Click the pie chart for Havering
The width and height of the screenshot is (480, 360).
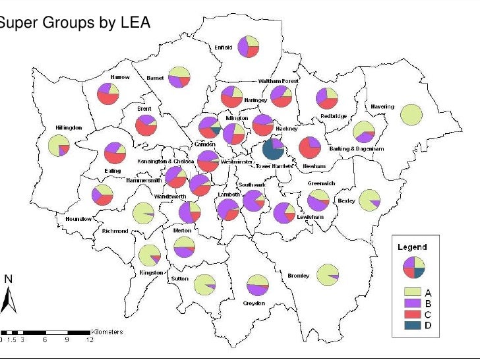[411, 114]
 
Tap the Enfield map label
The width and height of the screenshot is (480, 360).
[223, 47]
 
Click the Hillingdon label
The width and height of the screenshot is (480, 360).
[69, 127]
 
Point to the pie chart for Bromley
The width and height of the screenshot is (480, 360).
[328, 274]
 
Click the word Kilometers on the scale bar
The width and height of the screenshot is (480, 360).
[107, 332]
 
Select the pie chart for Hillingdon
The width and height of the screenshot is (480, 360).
[58, 146]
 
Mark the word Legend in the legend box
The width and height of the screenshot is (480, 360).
[412, 247]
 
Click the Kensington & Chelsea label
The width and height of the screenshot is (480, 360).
[165, 161]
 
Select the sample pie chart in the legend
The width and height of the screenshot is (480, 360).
[413, 267]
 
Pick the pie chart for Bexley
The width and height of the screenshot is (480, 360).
[369, 200]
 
